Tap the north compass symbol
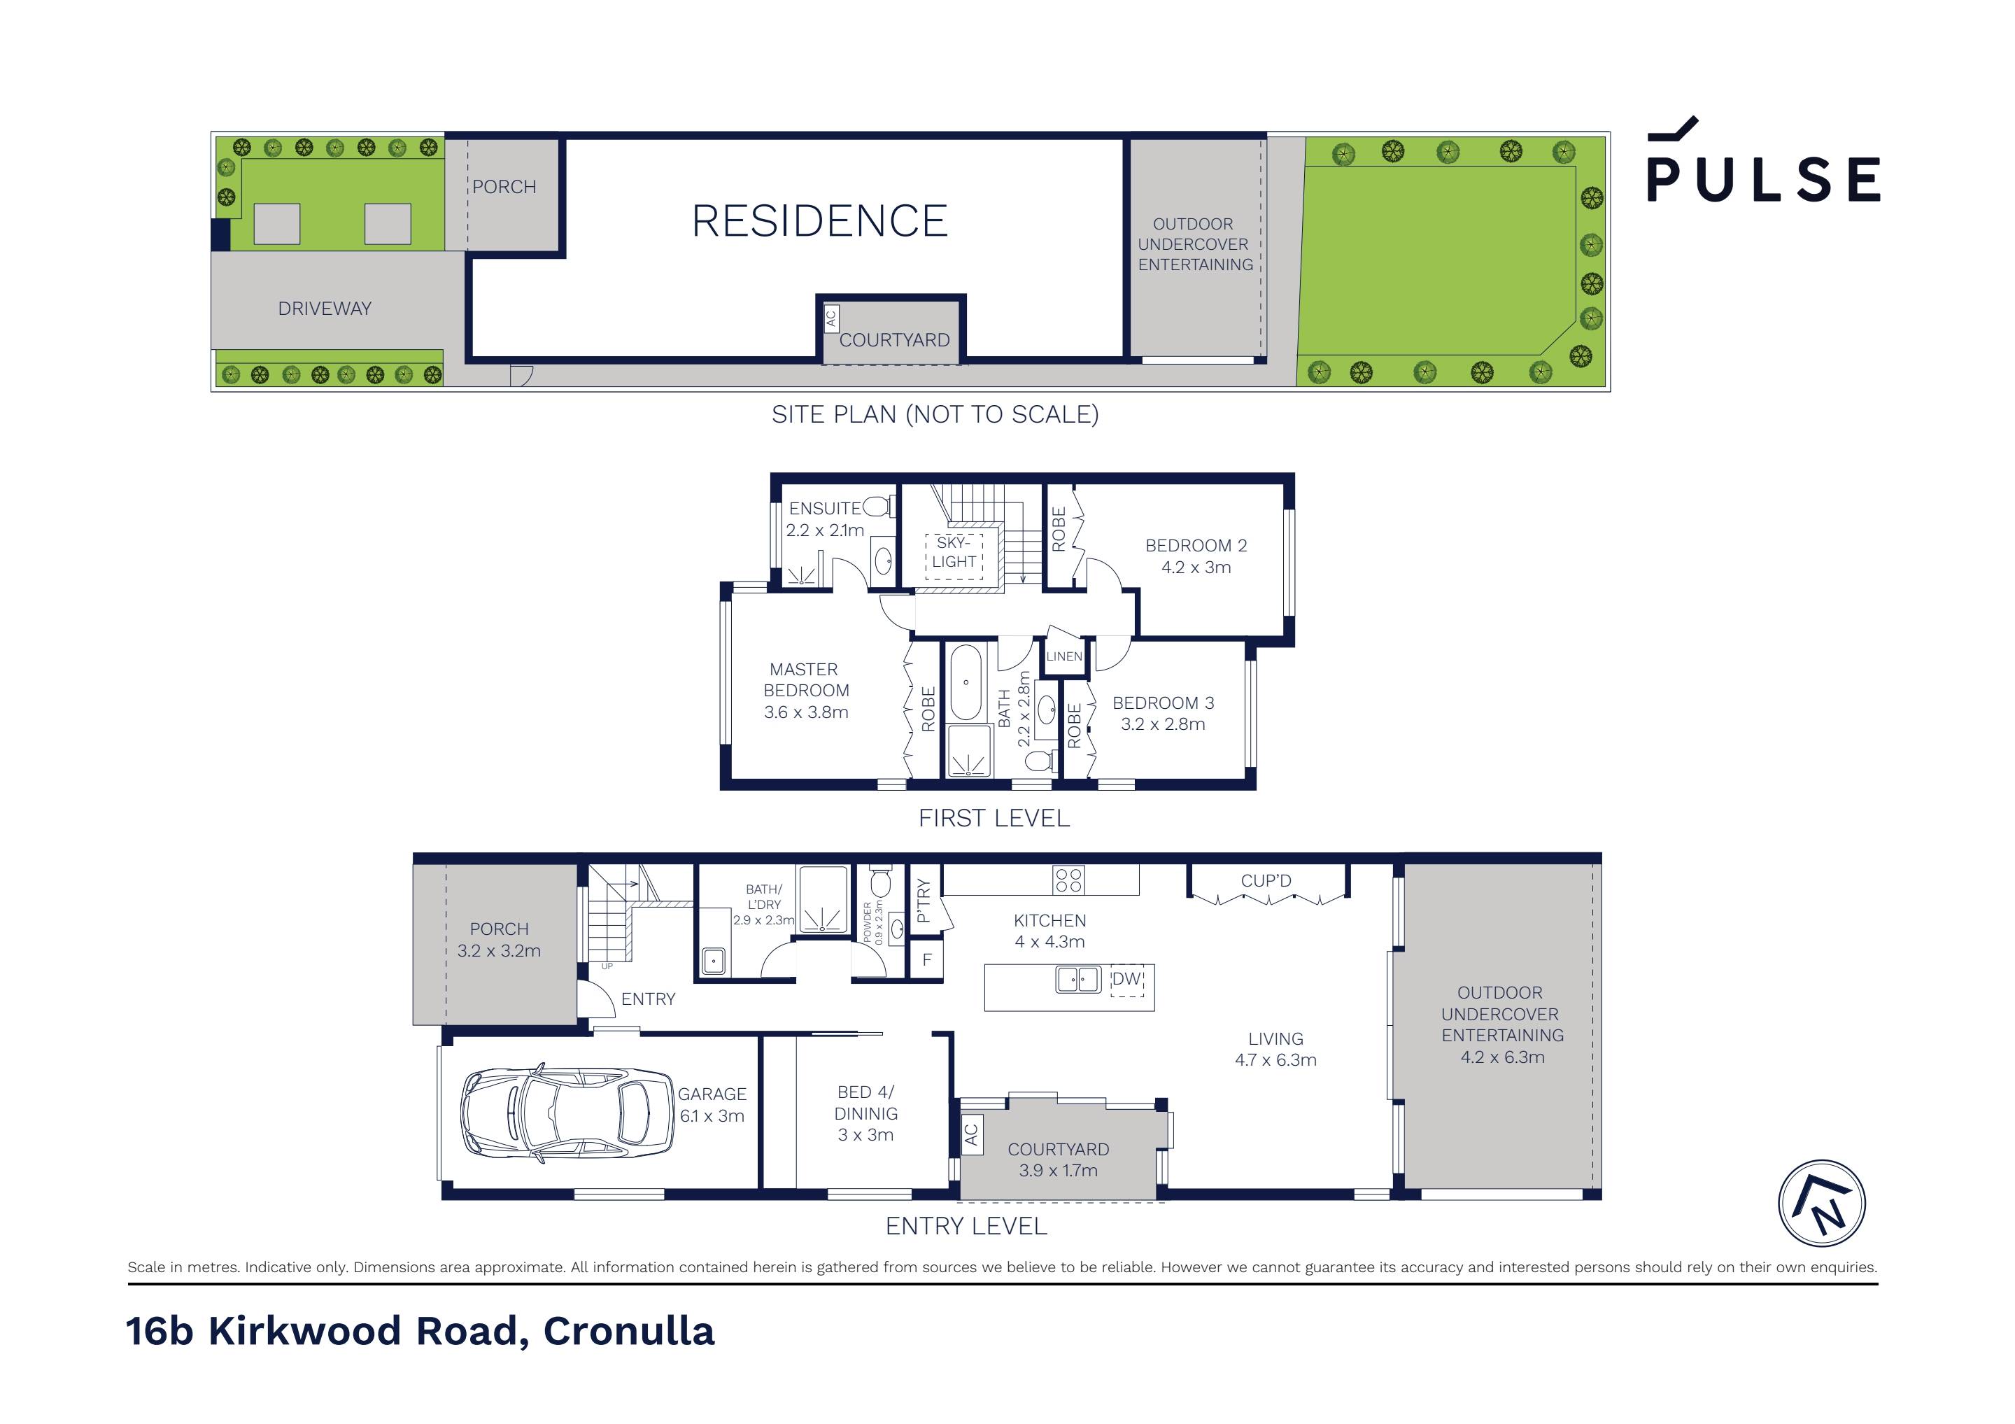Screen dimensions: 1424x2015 [1821, 1203]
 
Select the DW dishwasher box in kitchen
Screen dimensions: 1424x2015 [1127, 979]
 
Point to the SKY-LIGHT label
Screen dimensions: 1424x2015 [954, 552]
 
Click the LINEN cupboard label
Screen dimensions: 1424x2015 [1063, 656]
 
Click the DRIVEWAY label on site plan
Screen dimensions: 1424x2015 [325, 308]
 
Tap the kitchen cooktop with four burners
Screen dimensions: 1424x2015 [1068, 880]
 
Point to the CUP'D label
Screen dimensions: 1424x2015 [1266, 880]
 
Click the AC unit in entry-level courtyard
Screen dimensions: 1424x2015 [970, 1135]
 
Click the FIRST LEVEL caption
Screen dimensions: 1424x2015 [994, 818]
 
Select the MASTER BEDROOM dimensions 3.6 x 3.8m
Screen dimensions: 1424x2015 [805, 712]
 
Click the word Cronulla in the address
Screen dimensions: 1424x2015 [628, 1331]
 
